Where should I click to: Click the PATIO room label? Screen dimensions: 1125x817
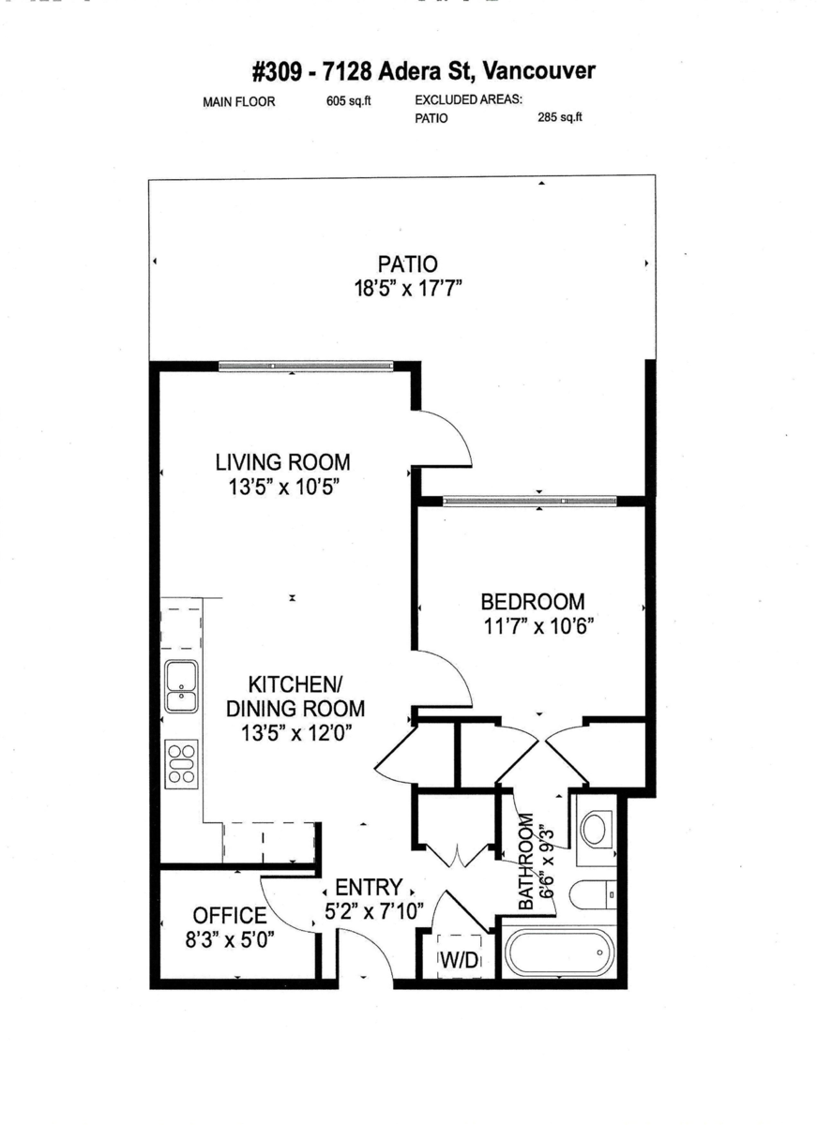coord(407,263)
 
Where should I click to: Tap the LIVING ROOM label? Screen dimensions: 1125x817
coord(282,462)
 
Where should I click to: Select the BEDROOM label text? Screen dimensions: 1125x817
coord(532,601)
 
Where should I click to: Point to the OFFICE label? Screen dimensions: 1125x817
coord(229,915)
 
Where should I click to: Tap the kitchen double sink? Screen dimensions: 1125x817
coord(181,686)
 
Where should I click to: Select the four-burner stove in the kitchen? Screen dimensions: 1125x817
coord(181,761)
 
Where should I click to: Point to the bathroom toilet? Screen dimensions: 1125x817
coord(591,895)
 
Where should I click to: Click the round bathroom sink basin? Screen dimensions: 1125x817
coord(595,829)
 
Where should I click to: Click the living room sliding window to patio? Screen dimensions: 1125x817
coord(305,366)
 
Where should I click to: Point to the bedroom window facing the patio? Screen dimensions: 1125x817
coord(530,501)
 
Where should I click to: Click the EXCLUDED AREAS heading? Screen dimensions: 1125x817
coord(468,101)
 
